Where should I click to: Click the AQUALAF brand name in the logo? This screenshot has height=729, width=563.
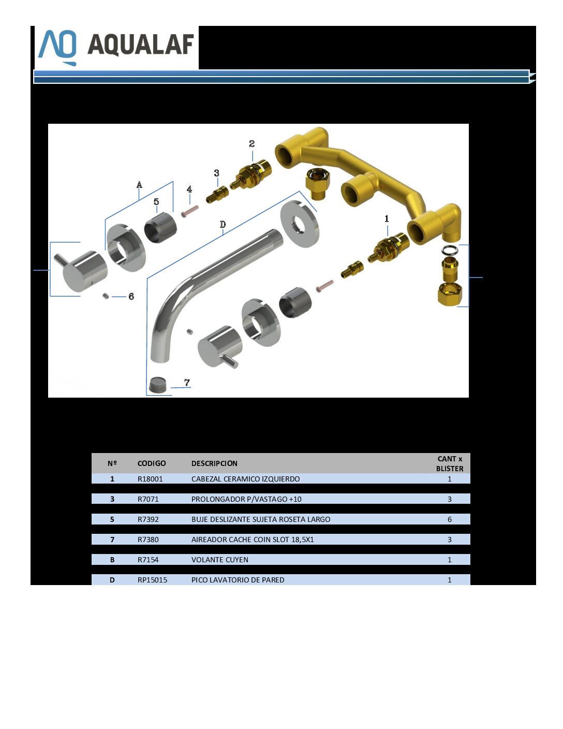[x=141, y=45]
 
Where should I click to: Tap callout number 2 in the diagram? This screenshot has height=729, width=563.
[x=252, y=144]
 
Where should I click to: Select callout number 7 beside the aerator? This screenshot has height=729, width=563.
[x=187, y=382]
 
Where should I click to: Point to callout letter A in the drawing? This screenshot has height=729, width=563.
[x=139, y=184]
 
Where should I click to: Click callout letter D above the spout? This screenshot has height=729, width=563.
[x=223, y=224]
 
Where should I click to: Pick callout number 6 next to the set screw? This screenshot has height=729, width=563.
[x=131, y=296]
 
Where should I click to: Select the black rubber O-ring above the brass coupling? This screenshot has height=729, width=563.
[x=450, y=250]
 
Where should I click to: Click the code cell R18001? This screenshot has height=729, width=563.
[x=150, y=479]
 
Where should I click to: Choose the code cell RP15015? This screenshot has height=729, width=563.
[x=152, y=580]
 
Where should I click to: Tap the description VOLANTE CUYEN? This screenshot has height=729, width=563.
[x=219, y=560]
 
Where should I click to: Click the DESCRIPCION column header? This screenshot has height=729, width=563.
[x=214, y=463]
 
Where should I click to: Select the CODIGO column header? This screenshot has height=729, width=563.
[x=152, y=463]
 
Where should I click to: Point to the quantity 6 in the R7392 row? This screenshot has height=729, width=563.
[x=450, y=519]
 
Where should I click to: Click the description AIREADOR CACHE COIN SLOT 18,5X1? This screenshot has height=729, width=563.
[x=253, y=540]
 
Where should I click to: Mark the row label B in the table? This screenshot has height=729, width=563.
[x=112, y=560]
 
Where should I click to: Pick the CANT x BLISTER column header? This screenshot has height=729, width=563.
[x=450, y=463]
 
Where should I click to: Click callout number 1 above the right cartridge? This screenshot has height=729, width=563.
[x=387, y=218]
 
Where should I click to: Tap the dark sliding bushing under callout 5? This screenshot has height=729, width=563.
[x=160, y=228]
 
